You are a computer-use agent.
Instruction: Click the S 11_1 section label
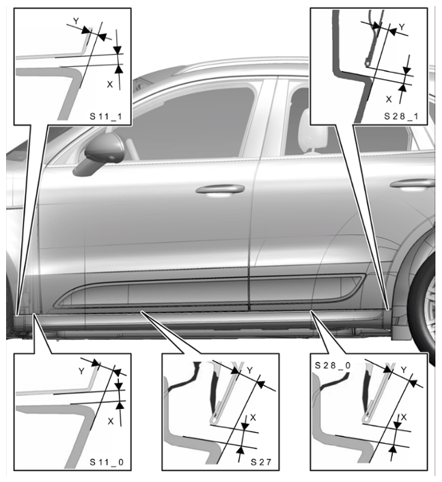tap(105, 117)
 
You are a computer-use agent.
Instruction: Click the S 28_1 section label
tap(401, 117)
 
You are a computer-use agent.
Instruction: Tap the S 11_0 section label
tap(107, 462)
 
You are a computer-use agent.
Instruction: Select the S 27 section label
tap(261, 462)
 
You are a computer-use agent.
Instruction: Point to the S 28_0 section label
tap(333, 365)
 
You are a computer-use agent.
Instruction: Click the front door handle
tap(220, 190)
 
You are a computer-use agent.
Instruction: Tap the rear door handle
tap(412, 184)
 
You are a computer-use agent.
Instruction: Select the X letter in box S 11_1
tap(110, 84)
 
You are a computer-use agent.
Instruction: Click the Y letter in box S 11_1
tap(76, 21)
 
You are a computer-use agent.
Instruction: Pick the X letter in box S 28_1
tap(389, 99)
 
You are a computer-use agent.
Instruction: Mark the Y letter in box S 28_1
tap(402, 27)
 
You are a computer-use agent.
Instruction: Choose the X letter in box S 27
tap(253, 417)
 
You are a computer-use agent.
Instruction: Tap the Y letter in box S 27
tap(250, 371)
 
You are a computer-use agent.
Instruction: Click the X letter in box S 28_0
tap(404, 417)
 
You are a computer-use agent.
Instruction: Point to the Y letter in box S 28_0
tap(404, 370)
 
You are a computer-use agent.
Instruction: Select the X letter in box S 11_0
tap(111, 421)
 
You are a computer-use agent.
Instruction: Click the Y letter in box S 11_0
tap(81, 371)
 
